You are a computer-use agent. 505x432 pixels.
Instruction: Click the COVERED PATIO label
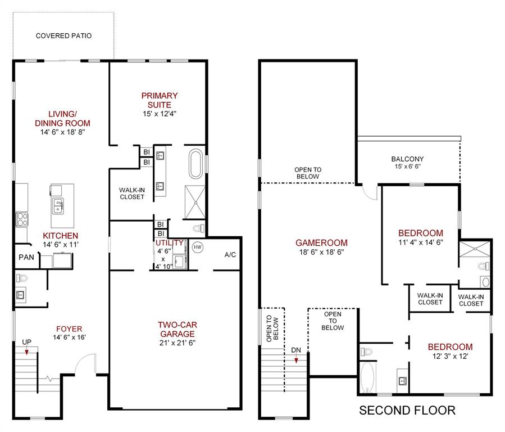click(x=63, y=36)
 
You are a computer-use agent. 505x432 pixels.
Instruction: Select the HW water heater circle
click(x=197, y=247)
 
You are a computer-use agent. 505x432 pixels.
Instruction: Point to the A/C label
click(x=230, y=255)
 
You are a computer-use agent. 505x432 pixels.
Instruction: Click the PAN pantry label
click(x=26, y=257)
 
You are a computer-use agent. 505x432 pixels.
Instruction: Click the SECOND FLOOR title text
click(x=407, y=411)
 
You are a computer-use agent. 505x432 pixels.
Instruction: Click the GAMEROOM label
click(x=321, y=243)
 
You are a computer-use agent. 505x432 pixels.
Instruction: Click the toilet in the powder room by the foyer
click(x=21, y=278)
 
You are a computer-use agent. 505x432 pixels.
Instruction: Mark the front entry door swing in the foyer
click(x=84, y=366)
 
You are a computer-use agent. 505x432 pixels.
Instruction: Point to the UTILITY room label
click(x=169, y=242)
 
